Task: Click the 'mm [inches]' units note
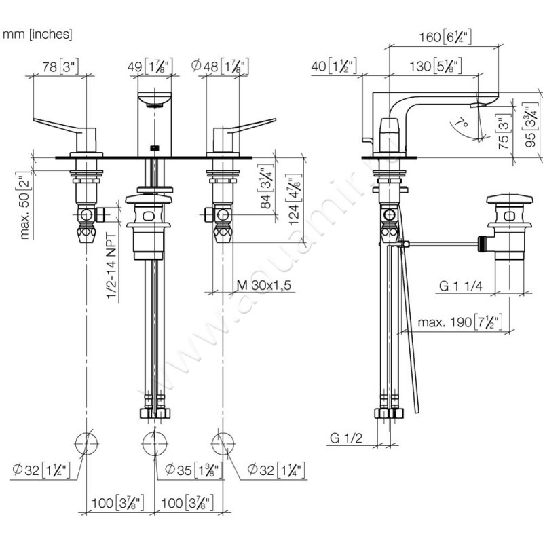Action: click(x=38, y=33)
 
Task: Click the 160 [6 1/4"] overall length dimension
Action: click(x=441, y=38)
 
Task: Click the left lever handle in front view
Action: click(x=64, y=129)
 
